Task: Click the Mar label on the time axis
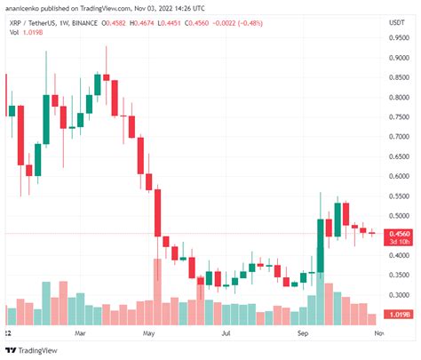coord(82,333)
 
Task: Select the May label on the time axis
coord(149,333)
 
